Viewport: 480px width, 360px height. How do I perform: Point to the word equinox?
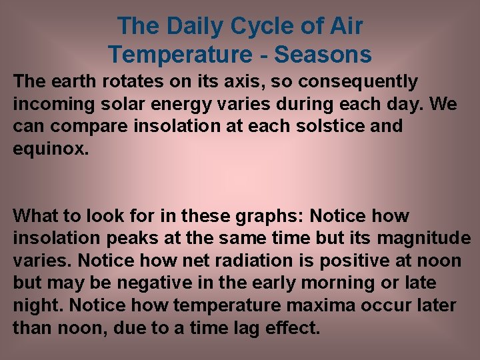pyautogui.click(x=49, y=148)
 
